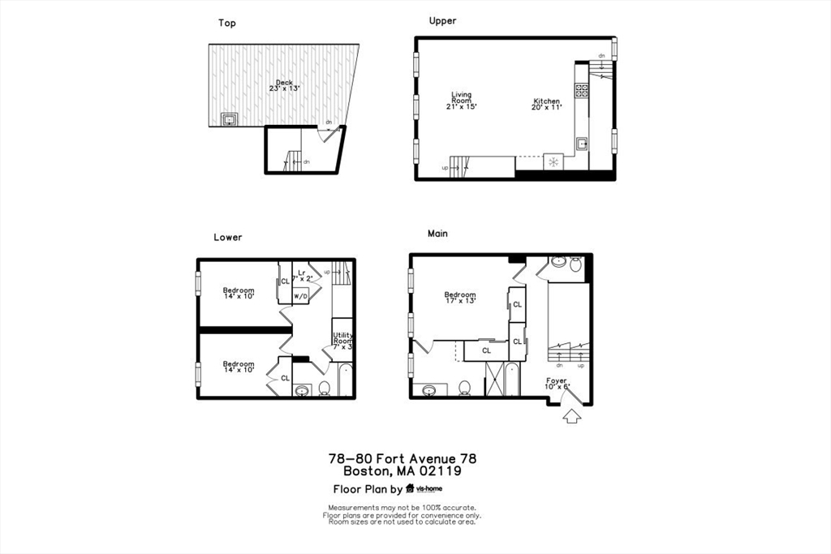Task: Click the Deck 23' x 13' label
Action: [x=283, y=85]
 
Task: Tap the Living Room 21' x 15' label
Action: [x=461, y=101]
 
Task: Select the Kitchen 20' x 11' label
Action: [x=546, y=104]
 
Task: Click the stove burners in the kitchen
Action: [x=582, y=91]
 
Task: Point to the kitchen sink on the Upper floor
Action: [x=582, y=144]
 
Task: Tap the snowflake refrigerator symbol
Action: [x=553, y=162]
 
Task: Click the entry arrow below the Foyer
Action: [x=571, y=417]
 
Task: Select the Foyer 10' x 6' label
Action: [x=556, y=384]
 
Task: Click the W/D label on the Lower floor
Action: [x=300, y=296]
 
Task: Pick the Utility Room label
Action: [x=342, y=341]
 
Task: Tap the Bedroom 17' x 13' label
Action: [x=459, y=298]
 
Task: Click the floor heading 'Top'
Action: [x=227, y=23]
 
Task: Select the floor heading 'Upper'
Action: [x=442, y=21]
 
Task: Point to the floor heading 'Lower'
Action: [x=227, y=238]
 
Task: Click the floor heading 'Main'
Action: [x=437, y=234]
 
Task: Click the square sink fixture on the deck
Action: [x=230, y=119]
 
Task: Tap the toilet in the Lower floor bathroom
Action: [x=324, y=388]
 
